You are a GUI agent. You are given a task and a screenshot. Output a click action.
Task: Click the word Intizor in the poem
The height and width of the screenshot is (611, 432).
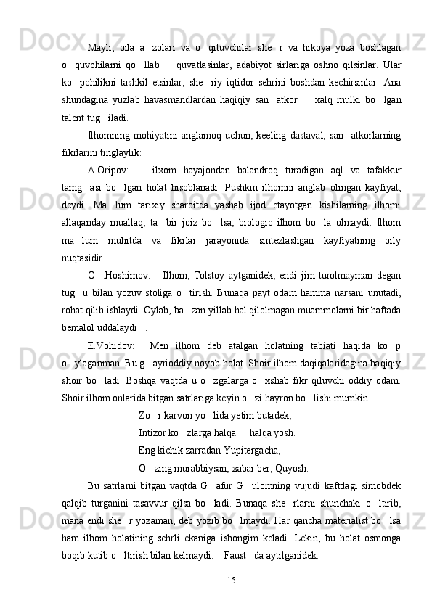[155, 432]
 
